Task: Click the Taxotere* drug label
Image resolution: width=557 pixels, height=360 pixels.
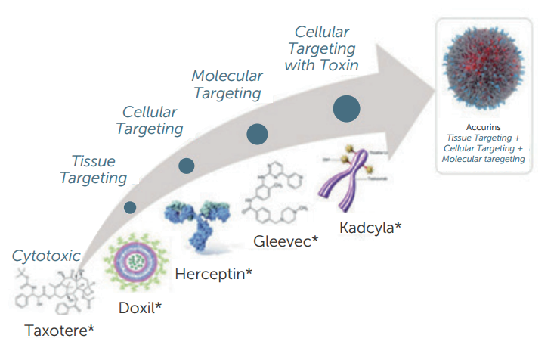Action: point(60,331)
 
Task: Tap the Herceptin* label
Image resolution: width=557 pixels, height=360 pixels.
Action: point(213,273)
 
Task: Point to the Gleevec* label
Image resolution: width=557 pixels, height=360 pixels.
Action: point(285,241)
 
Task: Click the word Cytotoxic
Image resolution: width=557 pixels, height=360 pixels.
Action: point(46,256)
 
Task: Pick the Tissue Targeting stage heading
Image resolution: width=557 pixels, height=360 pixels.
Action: point(94,169)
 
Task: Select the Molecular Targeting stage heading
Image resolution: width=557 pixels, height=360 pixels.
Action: point(227,85)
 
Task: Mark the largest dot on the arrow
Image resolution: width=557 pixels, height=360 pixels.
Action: point(347,109)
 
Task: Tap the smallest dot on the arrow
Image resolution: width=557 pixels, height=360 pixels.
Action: point(130,207)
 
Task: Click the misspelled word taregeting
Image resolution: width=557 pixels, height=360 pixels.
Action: point(505,160)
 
